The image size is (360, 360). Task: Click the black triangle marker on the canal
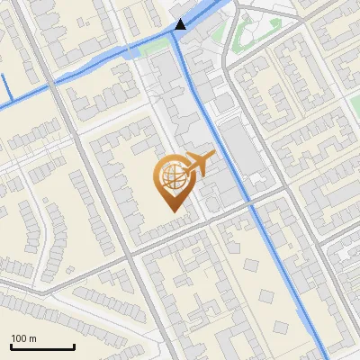(x=181, y=24)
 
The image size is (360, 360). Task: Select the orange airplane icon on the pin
(x=199, y=165)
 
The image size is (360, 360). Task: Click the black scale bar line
(x=42, y=346)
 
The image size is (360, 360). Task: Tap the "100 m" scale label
(x=24, y=337)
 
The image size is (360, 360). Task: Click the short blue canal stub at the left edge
(x=5, y=87)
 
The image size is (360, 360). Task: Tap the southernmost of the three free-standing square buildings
(x=267, y=295)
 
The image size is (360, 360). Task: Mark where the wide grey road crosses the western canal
(x=59, y=77)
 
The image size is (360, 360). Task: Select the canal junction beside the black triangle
(x=175, y=34)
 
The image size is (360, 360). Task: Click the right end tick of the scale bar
(x=74, y=346)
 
